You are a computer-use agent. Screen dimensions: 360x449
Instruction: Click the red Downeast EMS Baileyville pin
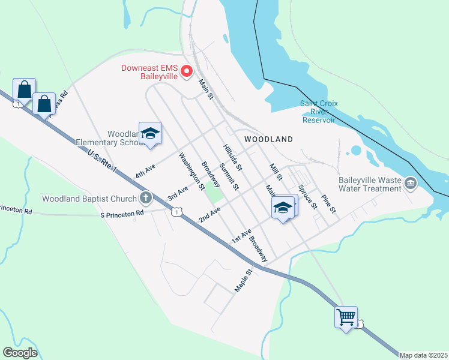(x=186, y=72)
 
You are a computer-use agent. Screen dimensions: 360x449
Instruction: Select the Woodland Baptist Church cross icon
(x=145, y=197)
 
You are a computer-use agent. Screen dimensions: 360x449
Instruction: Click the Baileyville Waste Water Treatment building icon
(x=411, y=182)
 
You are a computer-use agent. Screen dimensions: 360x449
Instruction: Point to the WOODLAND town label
(x=269, y=139)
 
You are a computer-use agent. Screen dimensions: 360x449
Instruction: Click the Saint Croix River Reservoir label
(x=319, y=112)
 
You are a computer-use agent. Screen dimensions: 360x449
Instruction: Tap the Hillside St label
(x=232, y=156)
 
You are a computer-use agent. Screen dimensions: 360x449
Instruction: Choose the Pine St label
(x=328, y=204)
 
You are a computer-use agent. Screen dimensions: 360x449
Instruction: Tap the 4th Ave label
(x=145, y=170)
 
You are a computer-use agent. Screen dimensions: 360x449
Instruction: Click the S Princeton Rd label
(x=122, y=214)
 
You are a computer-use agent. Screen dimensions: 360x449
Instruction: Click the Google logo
(x=20, y=353)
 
